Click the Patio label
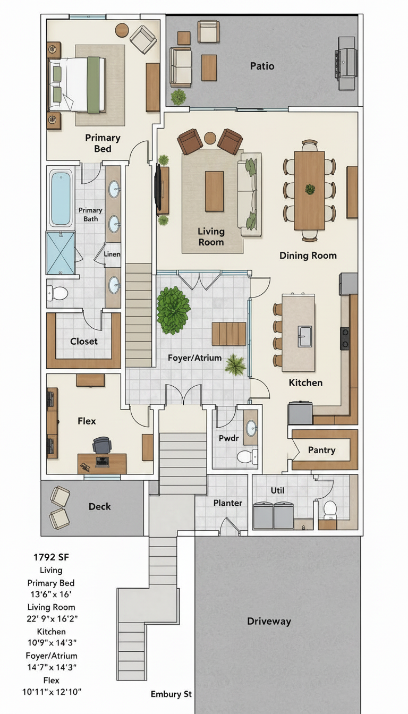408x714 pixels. point(262,66)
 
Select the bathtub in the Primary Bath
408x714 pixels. point(60,198)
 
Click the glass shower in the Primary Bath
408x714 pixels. point(61,253)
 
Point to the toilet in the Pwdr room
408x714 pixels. point(248,456)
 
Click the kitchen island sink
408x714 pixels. point(305,336)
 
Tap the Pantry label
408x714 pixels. point(321,450)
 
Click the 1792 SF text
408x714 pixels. point(51,557)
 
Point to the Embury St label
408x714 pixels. point(171,694)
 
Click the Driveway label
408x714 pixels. point(269,621)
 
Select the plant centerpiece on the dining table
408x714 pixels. point(310,189)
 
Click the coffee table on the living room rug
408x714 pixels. point(214,191)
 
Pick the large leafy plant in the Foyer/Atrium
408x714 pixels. point(173,310)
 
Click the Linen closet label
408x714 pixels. point(112,254)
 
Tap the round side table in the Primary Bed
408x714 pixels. point(122,30)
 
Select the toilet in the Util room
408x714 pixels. point(330,509)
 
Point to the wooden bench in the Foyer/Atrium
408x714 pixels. point(229,334)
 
